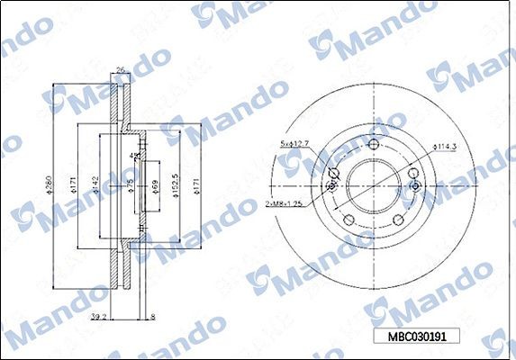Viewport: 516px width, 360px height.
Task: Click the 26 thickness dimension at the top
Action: pyautogui.click(x=119, y=69)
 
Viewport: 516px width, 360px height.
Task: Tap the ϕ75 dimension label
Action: pyautogui.click(x=130, y=185)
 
